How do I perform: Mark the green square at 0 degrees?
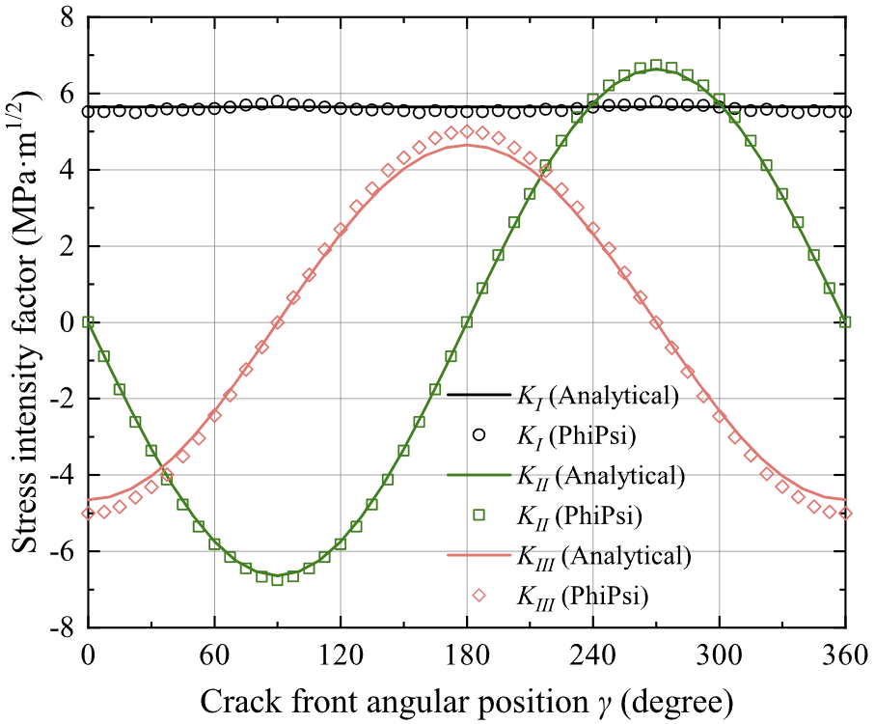click(x=88, y=322)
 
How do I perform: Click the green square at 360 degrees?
click(x=845, y=322)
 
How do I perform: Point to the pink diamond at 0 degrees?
click(x=88, y=513)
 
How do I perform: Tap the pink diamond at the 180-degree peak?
click(x=467, y=131)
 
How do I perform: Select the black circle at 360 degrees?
click(x=845, y=111)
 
